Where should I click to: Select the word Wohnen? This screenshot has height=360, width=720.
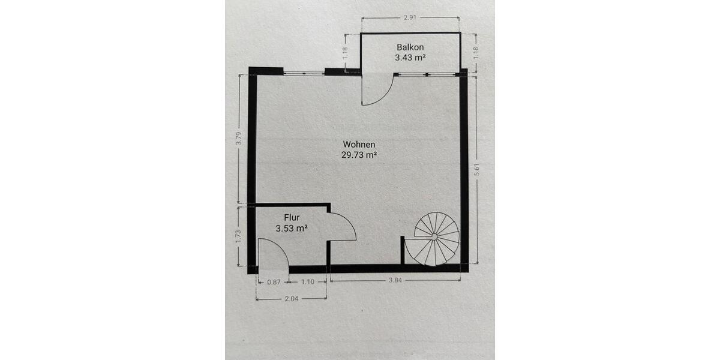point(359,144)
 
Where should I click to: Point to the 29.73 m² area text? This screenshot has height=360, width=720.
point(359,155)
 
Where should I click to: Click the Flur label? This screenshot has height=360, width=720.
point(292,218)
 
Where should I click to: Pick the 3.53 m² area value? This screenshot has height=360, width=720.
point(292,229)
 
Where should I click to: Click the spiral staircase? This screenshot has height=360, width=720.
point(437,239)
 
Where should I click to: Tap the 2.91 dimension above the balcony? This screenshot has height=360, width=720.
point(410,19)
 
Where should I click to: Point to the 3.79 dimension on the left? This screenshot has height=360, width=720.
point(238,139)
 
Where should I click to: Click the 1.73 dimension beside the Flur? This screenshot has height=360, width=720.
point(238,236)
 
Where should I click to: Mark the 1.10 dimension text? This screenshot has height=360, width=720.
point(308,281)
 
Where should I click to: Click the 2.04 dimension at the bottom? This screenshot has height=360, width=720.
point(291,298)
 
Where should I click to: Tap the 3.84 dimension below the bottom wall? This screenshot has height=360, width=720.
point(395,281)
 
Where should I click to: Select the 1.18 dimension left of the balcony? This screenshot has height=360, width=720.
point(345,53)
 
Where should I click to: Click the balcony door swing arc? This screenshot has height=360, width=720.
point(378,90)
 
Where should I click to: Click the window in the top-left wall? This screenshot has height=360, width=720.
point(304,73)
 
